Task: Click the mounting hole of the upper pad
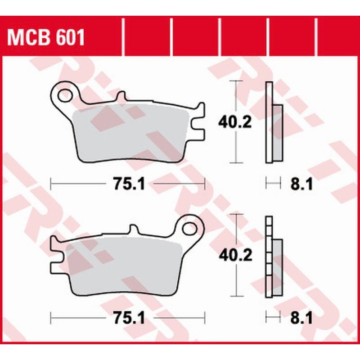(65, 95)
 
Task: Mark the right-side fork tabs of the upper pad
(199, 121)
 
